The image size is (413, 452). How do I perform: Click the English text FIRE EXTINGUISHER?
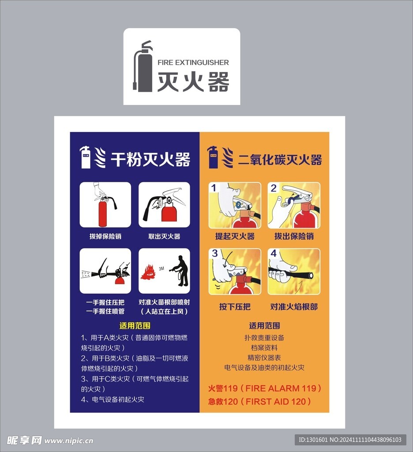pyautogui.click(x=193, y=62)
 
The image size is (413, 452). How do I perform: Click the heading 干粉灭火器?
pyautogui.click(x=150, y=159)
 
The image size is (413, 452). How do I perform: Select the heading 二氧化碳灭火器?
pyautogui.click(x=280, y=159)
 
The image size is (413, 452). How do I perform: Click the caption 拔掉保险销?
pyautogui.click(x=105, y=236)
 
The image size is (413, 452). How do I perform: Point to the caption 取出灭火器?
pyautogui.click(x=164, y=236)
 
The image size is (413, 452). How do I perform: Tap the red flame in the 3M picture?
pyautogui.click(x=147, y=272)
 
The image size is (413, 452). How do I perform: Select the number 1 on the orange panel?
pyautogui.click(x=214, y=188)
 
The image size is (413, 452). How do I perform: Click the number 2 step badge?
pyautogui.click(x=274, y=188)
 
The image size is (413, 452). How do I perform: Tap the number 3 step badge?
pyautogui.click(x=215, y=253)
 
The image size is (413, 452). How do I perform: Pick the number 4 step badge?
pyautogui.click(x=274, y=253)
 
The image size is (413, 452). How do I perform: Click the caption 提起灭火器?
pyautogui.click(x=235, y=236)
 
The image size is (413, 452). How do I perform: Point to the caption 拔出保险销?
pyautogui.click(x=294, y=236)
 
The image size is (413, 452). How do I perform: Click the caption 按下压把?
pyautogui.click(x=235, y=306)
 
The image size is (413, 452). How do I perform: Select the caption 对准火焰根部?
pyautogui.click(x=294, y=306)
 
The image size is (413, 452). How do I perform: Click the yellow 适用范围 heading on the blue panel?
pyautogui.click(x=135, y=326)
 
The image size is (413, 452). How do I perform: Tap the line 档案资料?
pyautogui.click(x=264, y=347)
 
